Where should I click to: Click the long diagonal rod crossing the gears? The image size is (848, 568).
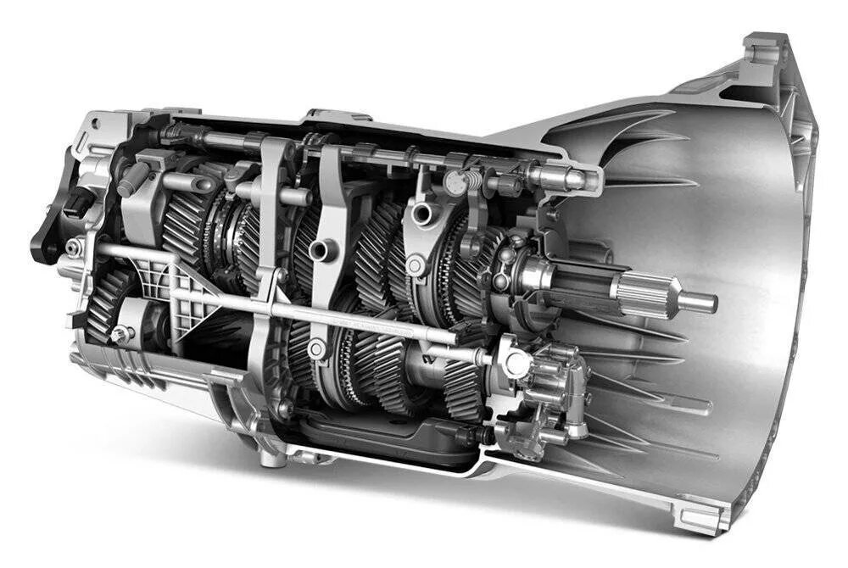coord(280,297)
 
